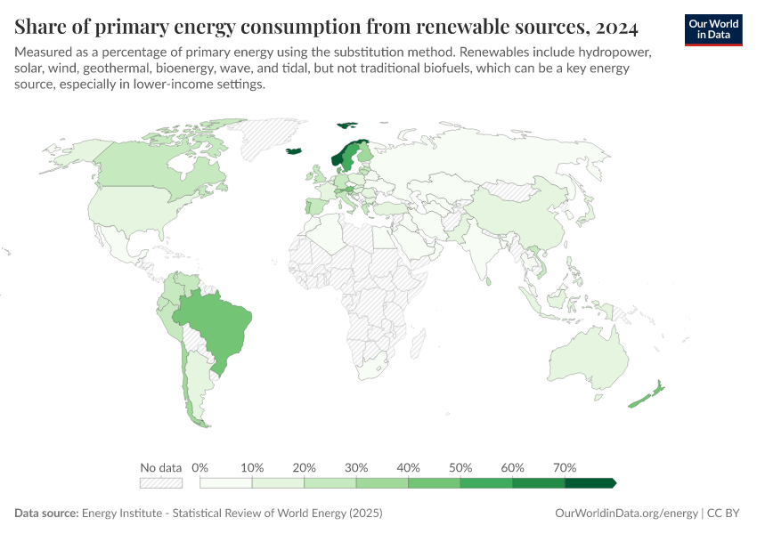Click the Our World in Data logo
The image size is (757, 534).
tap(713, 29)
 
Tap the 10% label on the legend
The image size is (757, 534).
tap(253, 467)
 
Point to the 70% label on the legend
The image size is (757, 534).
tap(565, 467)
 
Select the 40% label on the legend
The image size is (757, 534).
tap(409, 467)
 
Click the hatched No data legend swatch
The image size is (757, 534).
tap(160, 482)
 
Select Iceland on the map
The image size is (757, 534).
tap(294, 150)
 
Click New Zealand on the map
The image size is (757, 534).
tap(647, 395)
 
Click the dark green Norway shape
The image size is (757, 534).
tap(337, 159)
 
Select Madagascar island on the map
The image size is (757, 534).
tap(414, 343)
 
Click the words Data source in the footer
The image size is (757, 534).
tap(46, 514)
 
